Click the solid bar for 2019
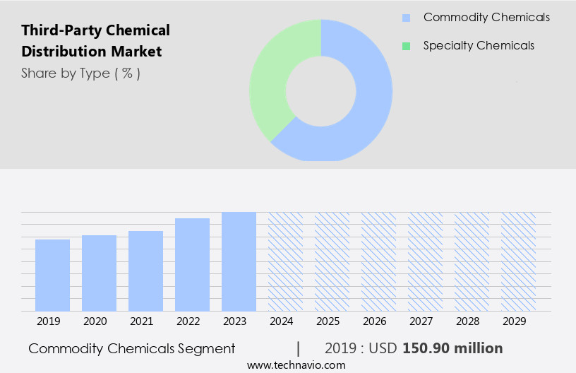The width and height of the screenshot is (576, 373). (52, 275)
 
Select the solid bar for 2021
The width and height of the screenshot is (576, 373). (145, 271)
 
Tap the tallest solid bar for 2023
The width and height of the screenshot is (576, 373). (239, 261)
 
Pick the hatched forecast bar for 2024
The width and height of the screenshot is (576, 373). (285, 261)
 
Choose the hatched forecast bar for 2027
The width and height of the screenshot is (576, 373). (425, 261)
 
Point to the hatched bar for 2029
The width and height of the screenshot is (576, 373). (518, 261)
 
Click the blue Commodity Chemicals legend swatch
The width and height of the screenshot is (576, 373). (406, 18)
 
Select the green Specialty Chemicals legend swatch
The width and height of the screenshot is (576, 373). (406, 46)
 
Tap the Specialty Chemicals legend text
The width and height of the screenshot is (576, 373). (479, 46)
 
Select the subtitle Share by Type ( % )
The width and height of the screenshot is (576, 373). (80, 73)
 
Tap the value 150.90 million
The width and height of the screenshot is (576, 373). (452, 348)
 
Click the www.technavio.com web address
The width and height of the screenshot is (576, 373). (296, 365)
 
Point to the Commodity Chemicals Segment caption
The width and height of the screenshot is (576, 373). (131, 348)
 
